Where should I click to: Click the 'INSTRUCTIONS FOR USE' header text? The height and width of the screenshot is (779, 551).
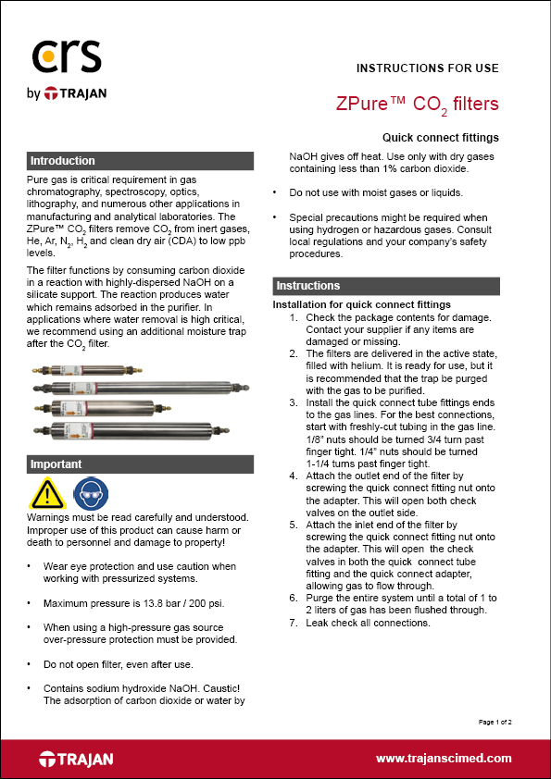coord(427,68)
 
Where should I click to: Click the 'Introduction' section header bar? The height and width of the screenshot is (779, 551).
coord(140,161)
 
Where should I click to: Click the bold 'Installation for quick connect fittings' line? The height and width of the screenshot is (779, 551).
coord(361,304)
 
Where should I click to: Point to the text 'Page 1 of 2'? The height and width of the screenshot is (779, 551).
coord(495,721)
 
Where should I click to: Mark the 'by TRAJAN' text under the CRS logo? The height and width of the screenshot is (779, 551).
coord(69,93)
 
